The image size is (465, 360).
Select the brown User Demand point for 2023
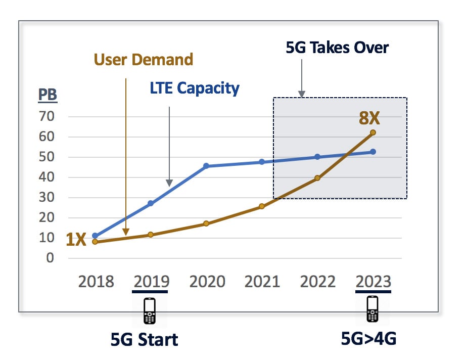click(x=373, y=132)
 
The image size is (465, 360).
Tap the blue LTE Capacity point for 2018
click(x=95, y=236)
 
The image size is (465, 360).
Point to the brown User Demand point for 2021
click(x=262, y=206)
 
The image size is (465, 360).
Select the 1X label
click(x=76, y=239)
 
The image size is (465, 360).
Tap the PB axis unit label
click(x=48, y=95)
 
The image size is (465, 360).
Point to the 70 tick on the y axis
click(x=47, y=117)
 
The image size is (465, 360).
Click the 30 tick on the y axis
click(x=47, y=198)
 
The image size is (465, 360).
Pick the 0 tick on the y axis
click(x=50, y=258)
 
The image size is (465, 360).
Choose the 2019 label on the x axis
click(x=151, y=281)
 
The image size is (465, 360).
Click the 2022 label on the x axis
click(x=317, y=281)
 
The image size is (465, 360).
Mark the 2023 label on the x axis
click(x=373, y=281)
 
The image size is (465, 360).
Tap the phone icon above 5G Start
click(x=150, y=310)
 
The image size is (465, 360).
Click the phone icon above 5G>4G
click(x=373, y=309)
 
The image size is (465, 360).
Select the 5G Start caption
click(x=145, y=339)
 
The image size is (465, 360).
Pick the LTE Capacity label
click(x=195, y=88)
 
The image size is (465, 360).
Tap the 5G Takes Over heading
click(x=337, y=48)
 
